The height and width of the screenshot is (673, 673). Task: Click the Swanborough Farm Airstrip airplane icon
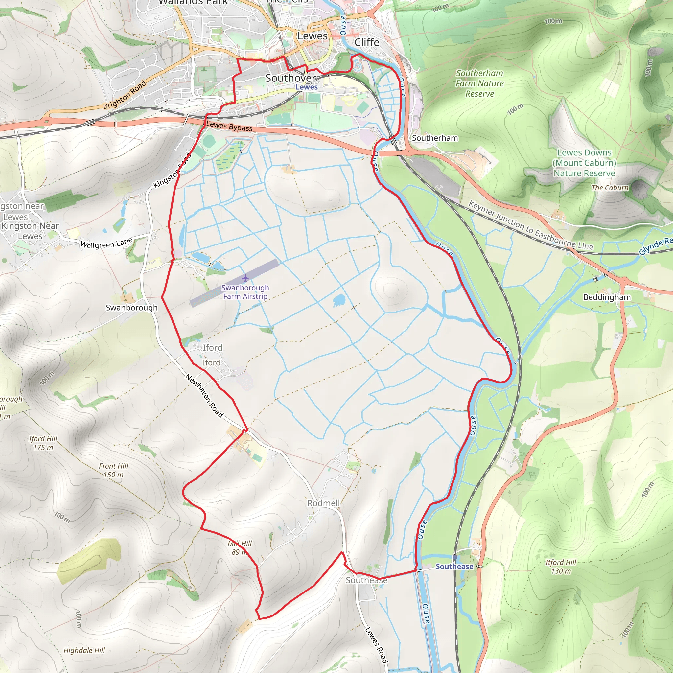(245, 278)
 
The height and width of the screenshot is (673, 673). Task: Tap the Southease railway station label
(454, 567)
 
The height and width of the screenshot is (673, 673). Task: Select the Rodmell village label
(323, 503)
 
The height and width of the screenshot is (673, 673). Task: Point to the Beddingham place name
(607, 297)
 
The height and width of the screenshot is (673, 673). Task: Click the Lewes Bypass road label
(229, 126)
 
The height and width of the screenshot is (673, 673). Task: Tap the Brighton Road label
(124, 95)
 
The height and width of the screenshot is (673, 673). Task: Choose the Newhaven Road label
(204, 396)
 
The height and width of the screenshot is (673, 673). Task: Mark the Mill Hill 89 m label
(240, 547)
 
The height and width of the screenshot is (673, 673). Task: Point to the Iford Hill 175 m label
(43, 443)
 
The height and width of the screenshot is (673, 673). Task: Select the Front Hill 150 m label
(113, 470)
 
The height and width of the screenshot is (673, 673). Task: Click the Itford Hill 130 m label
(561, 567)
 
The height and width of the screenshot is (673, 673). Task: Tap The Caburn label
(610, 188)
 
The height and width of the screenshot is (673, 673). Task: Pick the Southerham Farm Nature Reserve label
(480, 83)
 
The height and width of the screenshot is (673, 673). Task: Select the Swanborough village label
(132, 308)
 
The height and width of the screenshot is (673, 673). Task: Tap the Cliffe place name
(366, 42)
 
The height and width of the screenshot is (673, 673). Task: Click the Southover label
(290, 78)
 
